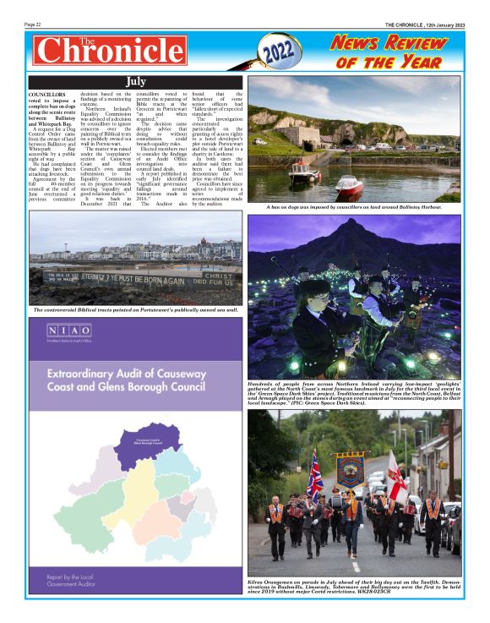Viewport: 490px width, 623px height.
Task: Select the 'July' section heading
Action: tap(135, 81)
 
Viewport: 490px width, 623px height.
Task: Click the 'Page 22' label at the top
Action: tap(36, 25)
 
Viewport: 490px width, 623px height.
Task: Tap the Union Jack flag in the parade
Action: tap(314, 469)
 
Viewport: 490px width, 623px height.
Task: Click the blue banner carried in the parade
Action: tap(349, 470)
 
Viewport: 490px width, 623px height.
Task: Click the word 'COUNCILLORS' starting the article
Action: tap(47, 95)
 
